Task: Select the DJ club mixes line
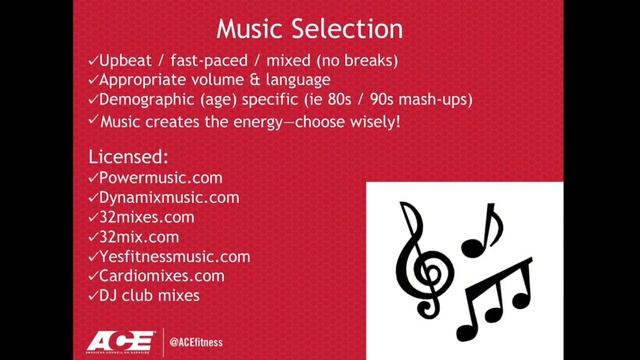click(x=149, y=295)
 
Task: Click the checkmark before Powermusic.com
click(x=92, y=178)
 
